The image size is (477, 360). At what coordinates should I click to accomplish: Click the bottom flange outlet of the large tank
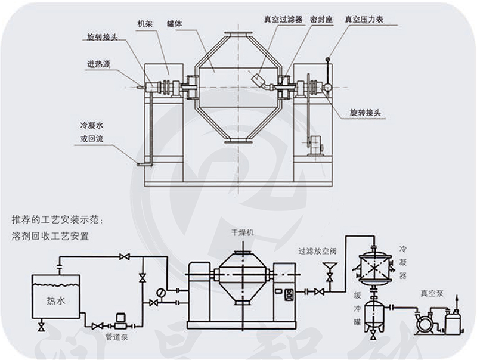[x=234, y=142]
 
